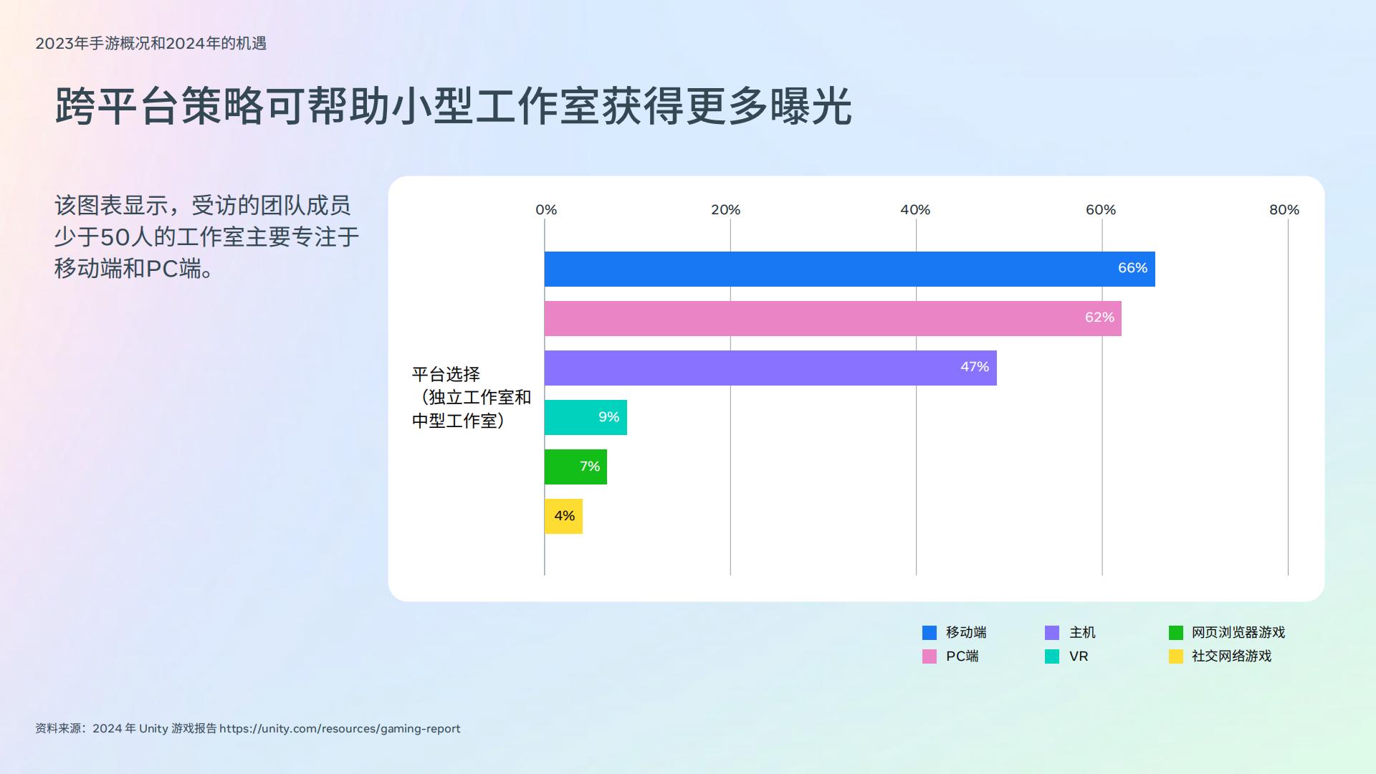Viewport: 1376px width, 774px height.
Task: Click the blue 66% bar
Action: click(x=849, y=269)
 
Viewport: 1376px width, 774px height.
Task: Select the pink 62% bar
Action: click(x=833, y=318)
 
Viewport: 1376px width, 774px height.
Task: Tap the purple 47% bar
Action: click(x=770, y=368)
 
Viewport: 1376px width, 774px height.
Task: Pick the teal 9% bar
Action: click(x=586, y=417)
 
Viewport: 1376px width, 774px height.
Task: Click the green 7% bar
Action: click(x=575, y=467)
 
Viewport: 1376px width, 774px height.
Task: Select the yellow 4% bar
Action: click(x=563, y=516)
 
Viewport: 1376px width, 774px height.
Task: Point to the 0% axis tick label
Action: click(x=546, y=210)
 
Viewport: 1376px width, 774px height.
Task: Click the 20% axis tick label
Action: click(x=726, y=210)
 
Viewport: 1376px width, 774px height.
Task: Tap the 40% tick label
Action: click(x=915, y=210)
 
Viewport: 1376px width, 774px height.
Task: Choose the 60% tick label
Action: click(x=1101, y=210)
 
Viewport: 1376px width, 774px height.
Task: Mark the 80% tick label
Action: click(x=1284, y=210)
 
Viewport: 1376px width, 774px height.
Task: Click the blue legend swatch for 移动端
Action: click(x=930, y=633)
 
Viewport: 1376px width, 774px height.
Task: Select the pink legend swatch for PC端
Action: click(x=930, y=656)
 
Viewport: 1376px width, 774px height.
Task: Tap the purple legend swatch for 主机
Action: click(x=1052, y=633)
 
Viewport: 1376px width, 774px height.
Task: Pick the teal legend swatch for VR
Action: click(x=1052, y=656)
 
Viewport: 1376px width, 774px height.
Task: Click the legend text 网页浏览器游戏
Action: click(x=1238, y=633)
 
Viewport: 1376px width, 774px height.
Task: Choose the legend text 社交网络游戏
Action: click(x=1231, y=656)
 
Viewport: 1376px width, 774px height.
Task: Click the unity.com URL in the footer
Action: click(x=340, y=729)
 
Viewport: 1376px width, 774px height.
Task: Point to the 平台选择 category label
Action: click(x=446, y=374)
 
